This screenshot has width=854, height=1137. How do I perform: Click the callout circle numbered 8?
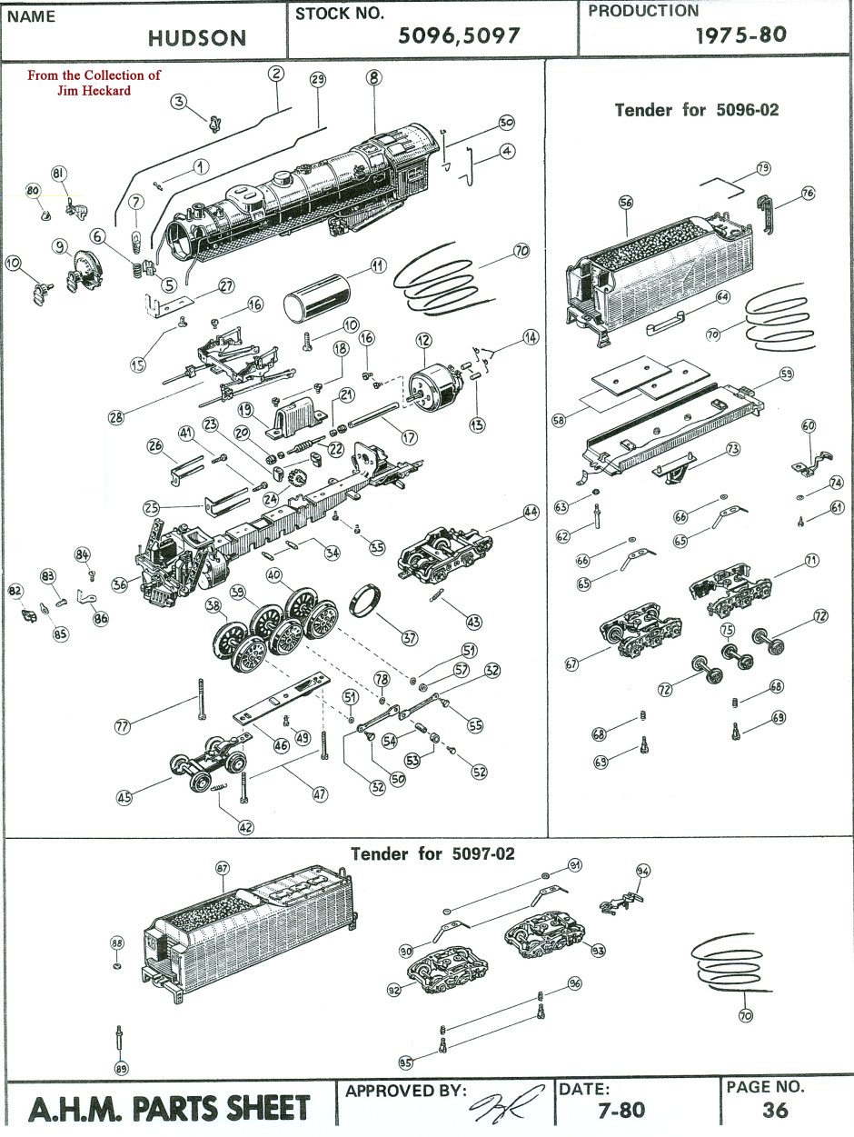coord(372,77)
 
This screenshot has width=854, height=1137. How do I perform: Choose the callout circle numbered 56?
coord(625,204)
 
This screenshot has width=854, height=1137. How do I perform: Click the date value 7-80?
coord(622,1109)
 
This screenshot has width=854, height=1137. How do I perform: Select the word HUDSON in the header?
coord(198,37)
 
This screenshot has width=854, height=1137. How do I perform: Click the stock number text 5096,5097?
coord(459,35)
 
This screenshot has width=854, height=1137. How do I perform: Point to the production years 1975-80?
coord(740,35)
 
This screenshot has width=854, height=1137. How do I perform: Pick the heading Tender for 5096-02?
coord(697,110)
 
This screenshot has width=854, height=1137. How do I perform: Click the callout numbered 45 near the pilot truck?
coord(124,797)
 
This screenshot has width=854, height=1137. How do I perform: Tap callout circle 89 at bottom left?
coord(121,1068)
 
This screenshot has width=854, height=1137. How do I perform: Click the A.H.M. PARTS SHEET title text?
coord(169,1109)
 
